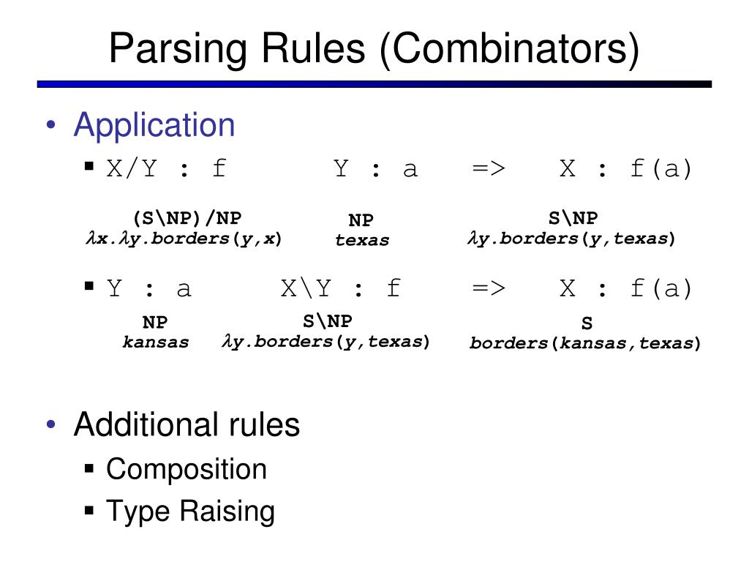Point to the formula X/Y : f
(x=167, y=169)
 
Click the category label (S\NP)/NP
(x=187, y=218)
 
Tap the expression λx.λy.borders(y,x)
(x=184, y=239)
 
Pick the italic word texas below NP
(x=362, y=240)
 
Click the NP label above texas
(x=361, y=221)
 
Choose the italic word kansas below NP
(x=156, y=342)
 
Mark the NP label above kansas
(x=155, y=323)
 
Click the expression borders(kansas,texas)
(x=585, y=342)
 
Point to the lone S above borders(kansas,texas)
(x=587, y=323)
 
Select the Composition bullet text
(x=187, y=469)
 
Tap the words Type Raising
(x=190, y=511)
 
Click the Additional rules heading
(x=187, y=424)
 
